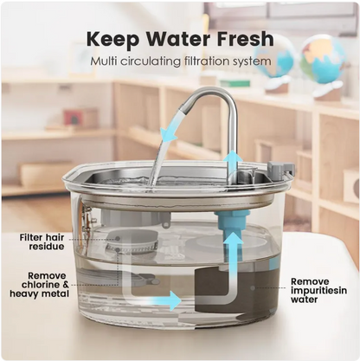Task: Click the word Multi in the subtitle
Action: (108, 62)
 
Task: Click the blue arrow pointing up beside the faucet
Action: (232, 161)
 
